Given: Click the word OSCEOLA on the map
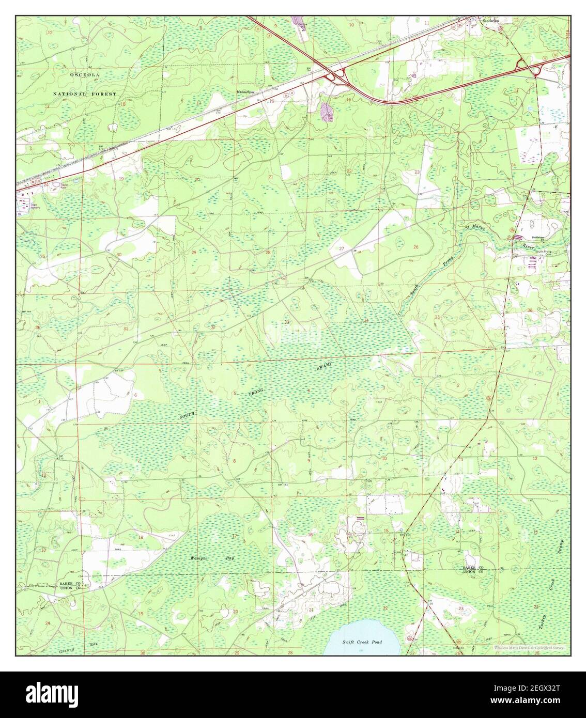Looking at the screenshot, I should coord(85,75).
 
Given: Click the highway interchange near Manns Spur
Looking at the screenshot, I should coord(337,76).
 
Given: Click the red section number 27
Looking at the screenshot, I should coord(342,248).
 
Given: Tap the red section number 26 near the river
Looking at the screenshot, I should coord(415,247).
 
